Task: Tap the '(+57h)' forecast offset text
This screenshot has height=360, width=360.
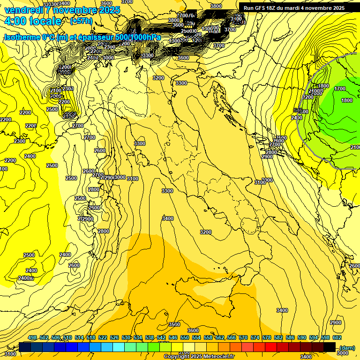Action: pyautogui.click(x=81, y=21)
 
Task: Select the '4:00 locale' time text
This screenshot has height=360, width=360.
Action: pyautogui.click(x=33, y=21)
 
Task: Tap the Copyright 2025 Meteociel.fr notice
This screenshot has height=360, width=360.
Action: pyautogui.click(x=199, y=357)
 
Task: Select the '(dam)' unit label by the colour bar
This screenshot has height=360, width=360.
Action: pyautogui.click(x=346, y=347)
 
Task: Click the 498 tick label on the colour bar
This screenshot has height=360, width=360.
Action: pyautogui.click(x=32, y=338)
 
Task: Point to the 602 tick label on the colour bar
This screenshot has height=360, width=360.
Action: pyautogui.click(x=337, y=338)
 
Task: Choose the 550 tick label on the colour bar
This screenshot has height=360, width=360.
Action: pyautogui.click(x=185, y=338)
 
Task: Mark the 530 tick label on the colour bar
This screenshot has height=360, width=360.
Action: pyautogui.click(x=126, y=338)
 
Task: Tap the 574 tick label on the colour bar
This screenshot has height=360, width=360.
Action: pyautogui.click(x=255, y=338)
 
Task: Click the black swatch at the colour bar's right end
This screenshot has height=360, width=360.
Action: pyautogui.click(x=330, y=347)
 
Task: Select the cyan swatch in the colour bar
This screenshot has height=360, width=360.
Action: pyautogui.click(x=119, y=347)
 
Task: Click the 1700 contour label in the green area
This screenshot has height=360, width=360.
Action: pyautogui.click(x=340, y=89)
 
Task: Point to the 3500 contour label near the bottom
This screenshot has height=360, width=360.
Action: pyautogui.click(x=174, y=324)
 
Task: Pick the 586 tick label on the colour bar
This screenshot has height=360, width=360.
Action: pyautogui.click(x=290, y=338)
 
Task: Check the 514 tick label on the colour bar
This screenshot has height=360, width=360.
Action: pyautogui.click(x=79, y=338)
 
